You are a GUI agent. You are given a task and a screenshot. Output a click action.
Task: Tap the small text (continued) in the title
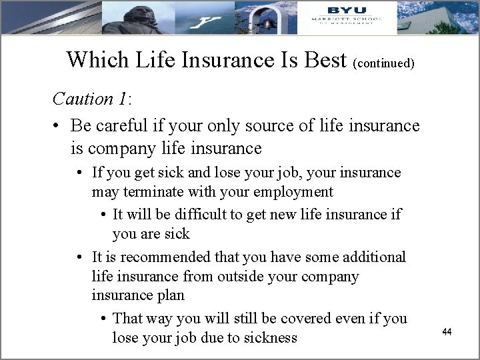[x=385, y=64]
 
